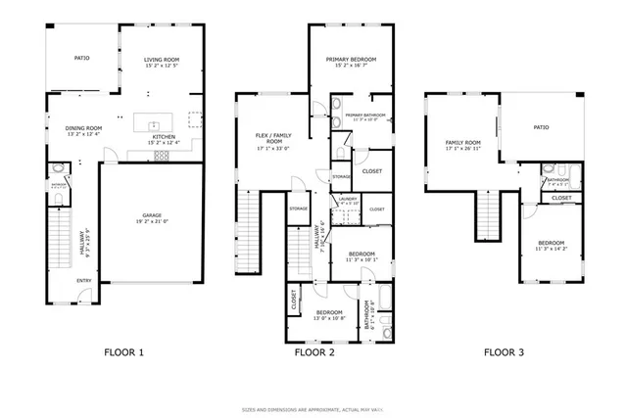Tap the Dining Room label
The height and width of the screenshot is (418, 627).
[84, 128]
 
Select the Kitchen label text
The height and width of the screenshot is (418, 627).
[164, 137]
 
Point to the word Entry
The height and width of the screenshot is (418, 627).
[86, 280]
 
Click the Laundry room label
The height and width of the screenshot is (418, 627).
[347, 199]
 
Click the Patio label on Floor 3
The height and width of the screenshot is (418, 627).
[540, 127]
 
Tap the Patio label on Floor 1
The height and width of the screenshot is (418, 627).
[82, 59]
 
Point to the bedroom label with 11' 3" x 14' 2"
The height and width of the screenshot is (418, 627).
[551, 243]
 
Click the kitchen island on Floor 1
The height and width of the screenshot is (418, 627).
[152, 124]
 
